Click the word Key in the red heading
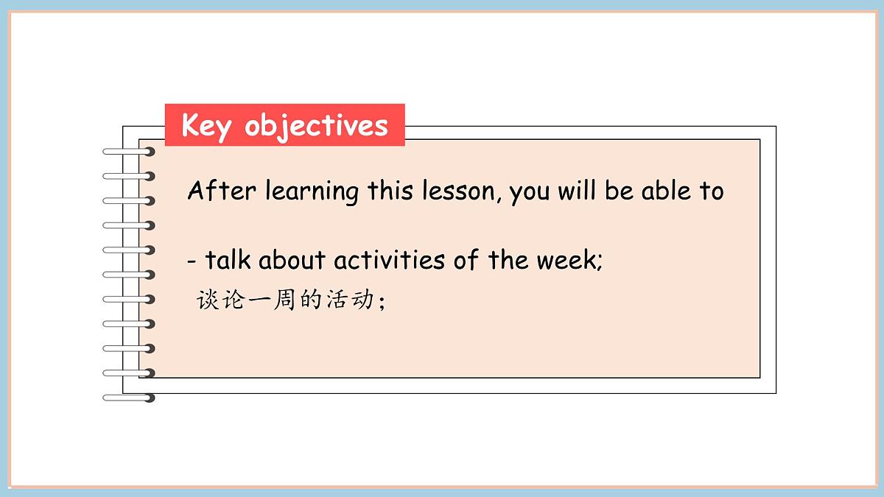point(207,125)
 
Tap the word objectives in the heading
point(316,126)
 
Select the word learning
point(312,191)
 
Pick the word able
point(666,191)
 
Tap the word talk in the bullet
point(228,260)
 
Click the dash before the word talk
point(192,261)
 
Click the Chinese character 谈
point(208,300)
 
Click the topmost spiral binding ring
point(130,152)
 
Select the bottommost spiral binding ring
point(130,398)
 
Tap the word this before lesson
point(392,191)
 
